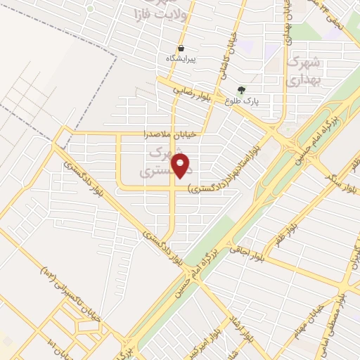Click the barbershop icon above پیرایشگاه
181,49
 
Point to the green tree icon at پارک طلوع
242,90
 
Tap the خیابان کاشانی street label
237,49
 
